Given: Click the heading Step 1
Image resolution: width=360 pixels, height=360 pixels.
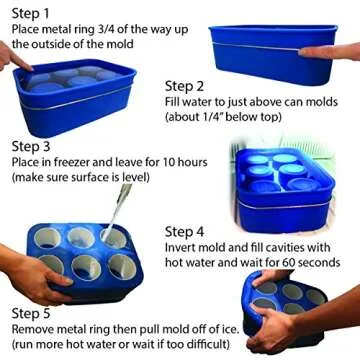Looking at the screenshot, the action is [x=31, y=14].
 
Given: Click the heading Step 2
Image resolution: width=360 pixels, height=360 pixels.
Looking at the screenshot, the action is [x=184, y=87].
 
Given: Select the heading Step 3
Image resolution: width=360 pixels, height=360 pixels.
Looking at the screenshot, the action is [x=31, y=147].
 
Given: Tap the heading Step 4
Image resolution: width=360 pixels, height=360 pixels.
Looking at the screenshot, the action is [x=184, y=232].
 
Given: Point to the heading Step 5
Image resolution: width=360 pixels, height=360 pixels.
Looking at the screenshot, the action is [x=31, y=314].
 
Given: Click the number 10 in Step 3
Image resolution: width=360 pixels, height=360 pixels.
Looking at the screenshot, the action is [x=170, y=163].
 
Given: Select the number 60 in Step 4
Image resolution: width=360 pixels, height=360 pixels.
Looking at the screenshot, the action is [x=290, y=262].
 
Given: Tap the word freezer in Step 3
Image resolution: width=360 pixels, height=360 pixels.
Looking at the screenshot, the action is [x=77, y=163].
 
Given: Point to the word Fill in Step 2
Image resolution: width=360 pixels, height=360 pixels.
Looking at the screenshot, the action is [x=172, y=102].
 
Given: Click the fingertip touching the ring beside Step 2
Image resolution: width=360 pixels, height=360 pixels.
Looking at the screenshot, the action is [x=304, y=52].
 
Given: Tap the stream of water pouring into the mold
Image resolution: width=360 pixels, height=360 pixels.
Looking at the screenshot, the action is [x=117, y=209].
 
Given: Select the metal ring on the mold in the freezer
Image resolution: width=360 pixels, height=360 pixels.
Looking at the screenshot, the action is [x=284, y=203].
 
